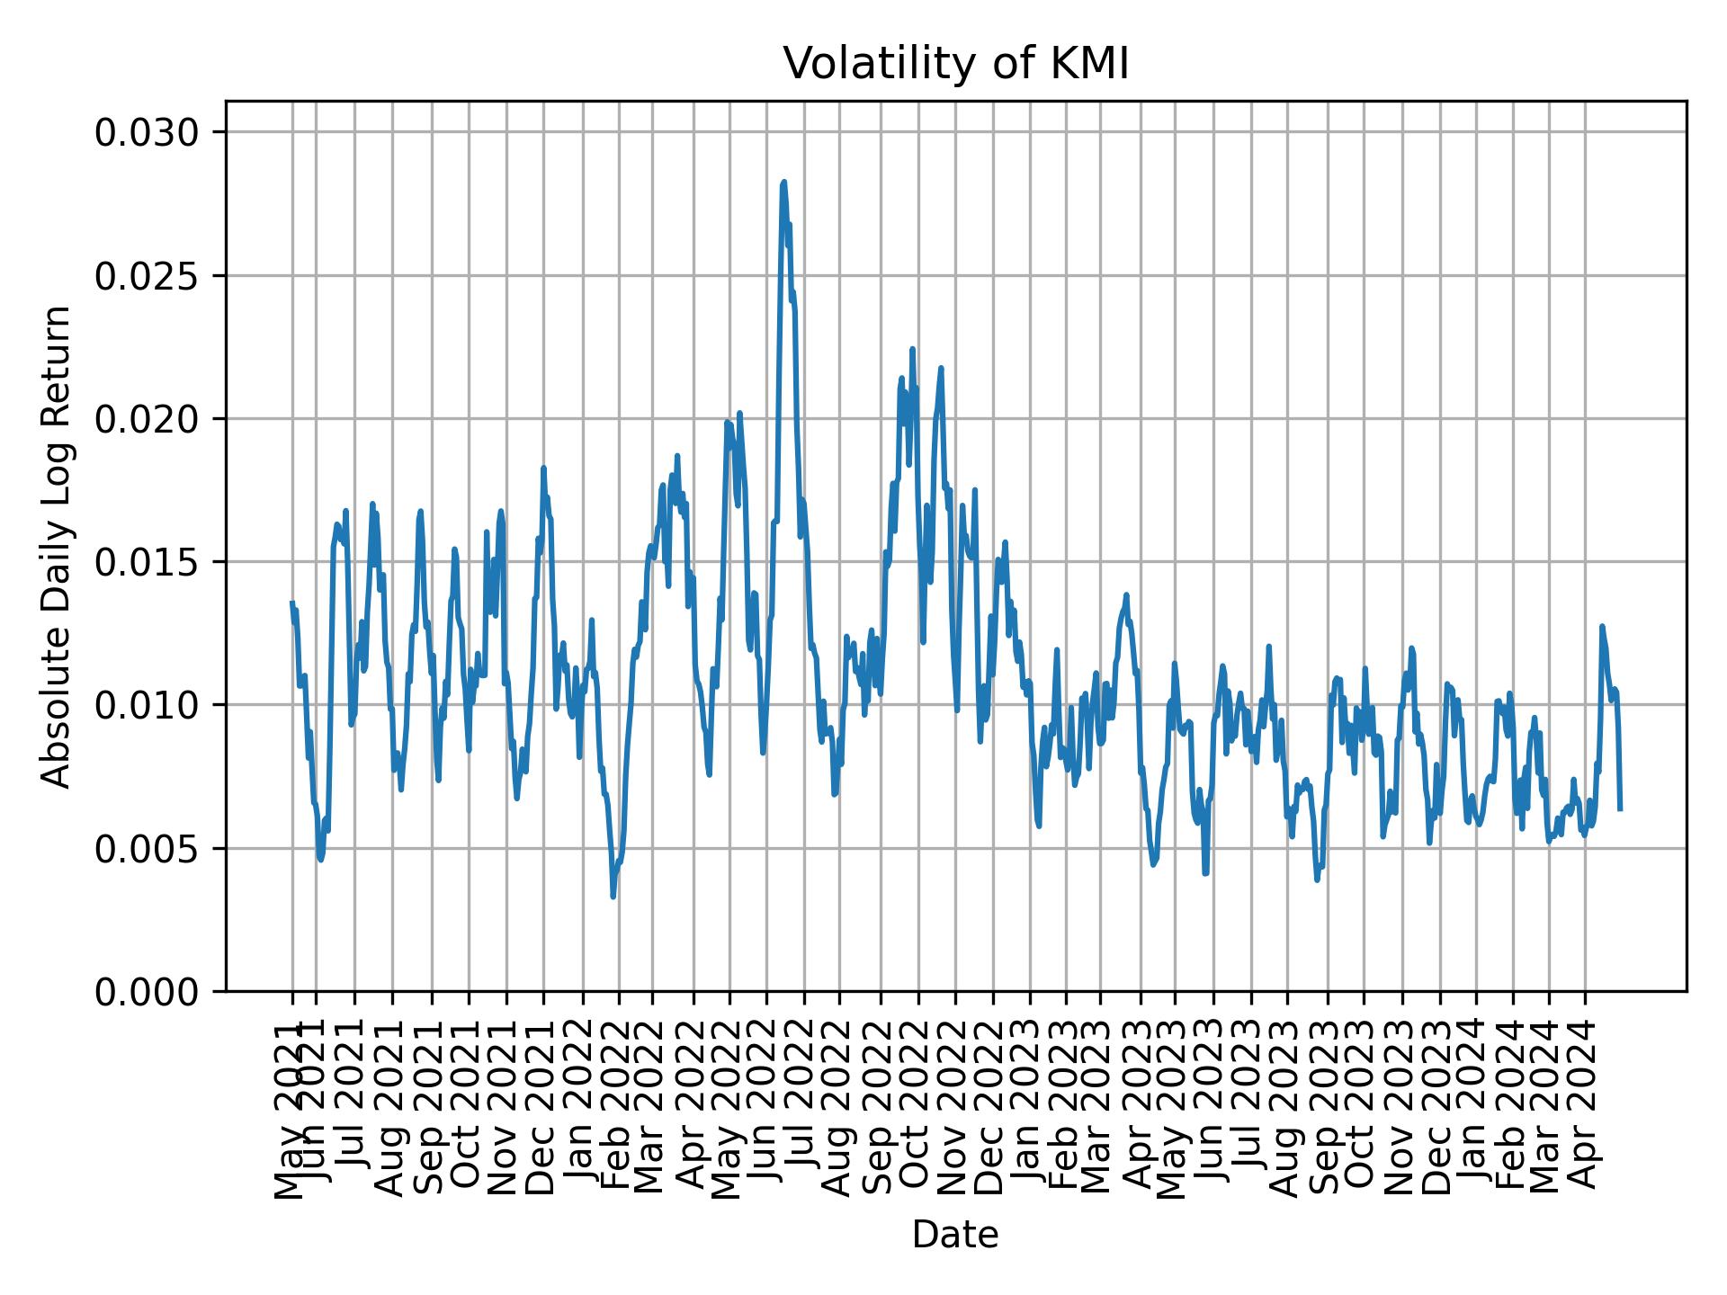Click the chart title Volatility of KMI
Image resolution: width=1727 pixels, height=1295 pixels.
coord(955,65)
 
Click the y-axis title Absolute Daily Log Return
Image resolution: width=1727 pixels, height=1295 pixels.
coord(58,546)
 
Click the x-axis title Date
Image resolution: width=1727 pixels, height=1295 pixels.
coord(955,1235)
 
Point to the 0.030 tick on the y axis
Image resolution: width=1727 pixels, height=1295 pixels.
coord(147,133)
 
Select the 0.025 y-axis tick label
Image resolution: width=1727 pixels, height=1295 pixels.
coord(147,276)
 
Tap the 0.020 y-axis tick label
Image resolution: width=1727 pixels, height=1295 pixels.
coord(147,419)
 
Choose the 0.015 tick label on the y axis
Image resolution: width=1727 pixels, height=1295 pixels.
coord(147,562)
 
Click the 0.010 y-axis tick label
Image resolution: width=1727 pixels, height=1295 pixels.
coord(147,705)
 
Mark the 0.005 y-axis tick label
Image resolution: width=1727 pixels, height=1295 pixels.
coord(147,848)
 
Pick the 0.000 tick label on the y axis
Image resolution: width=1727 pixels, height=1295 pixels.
coord(147,991)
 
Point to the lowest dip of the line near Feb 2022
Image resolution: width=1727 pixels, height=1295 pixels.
coord(613,897)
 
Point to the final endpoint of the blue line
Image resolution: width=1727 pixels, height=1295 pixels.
coord(1620,809)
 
